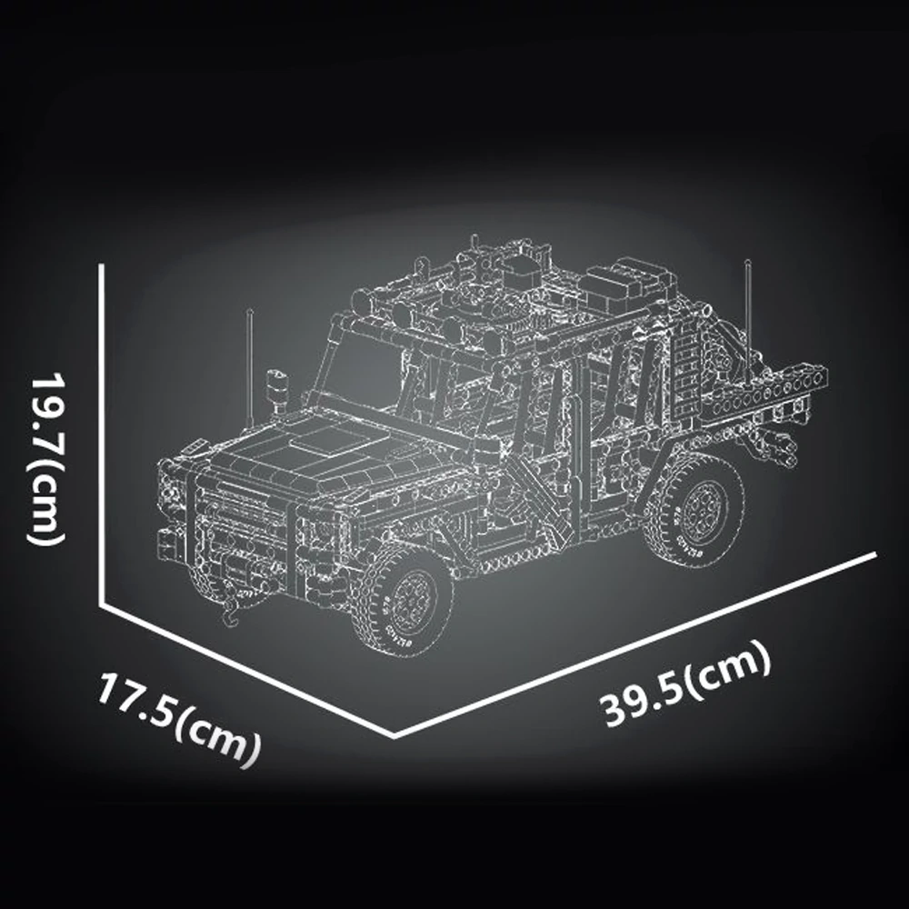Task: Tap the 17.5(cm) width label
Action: [x=178, y=720]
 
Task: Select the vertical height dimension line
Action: [x=102, y=435]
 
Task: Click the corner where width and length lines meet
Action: [x=395, y=737]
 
